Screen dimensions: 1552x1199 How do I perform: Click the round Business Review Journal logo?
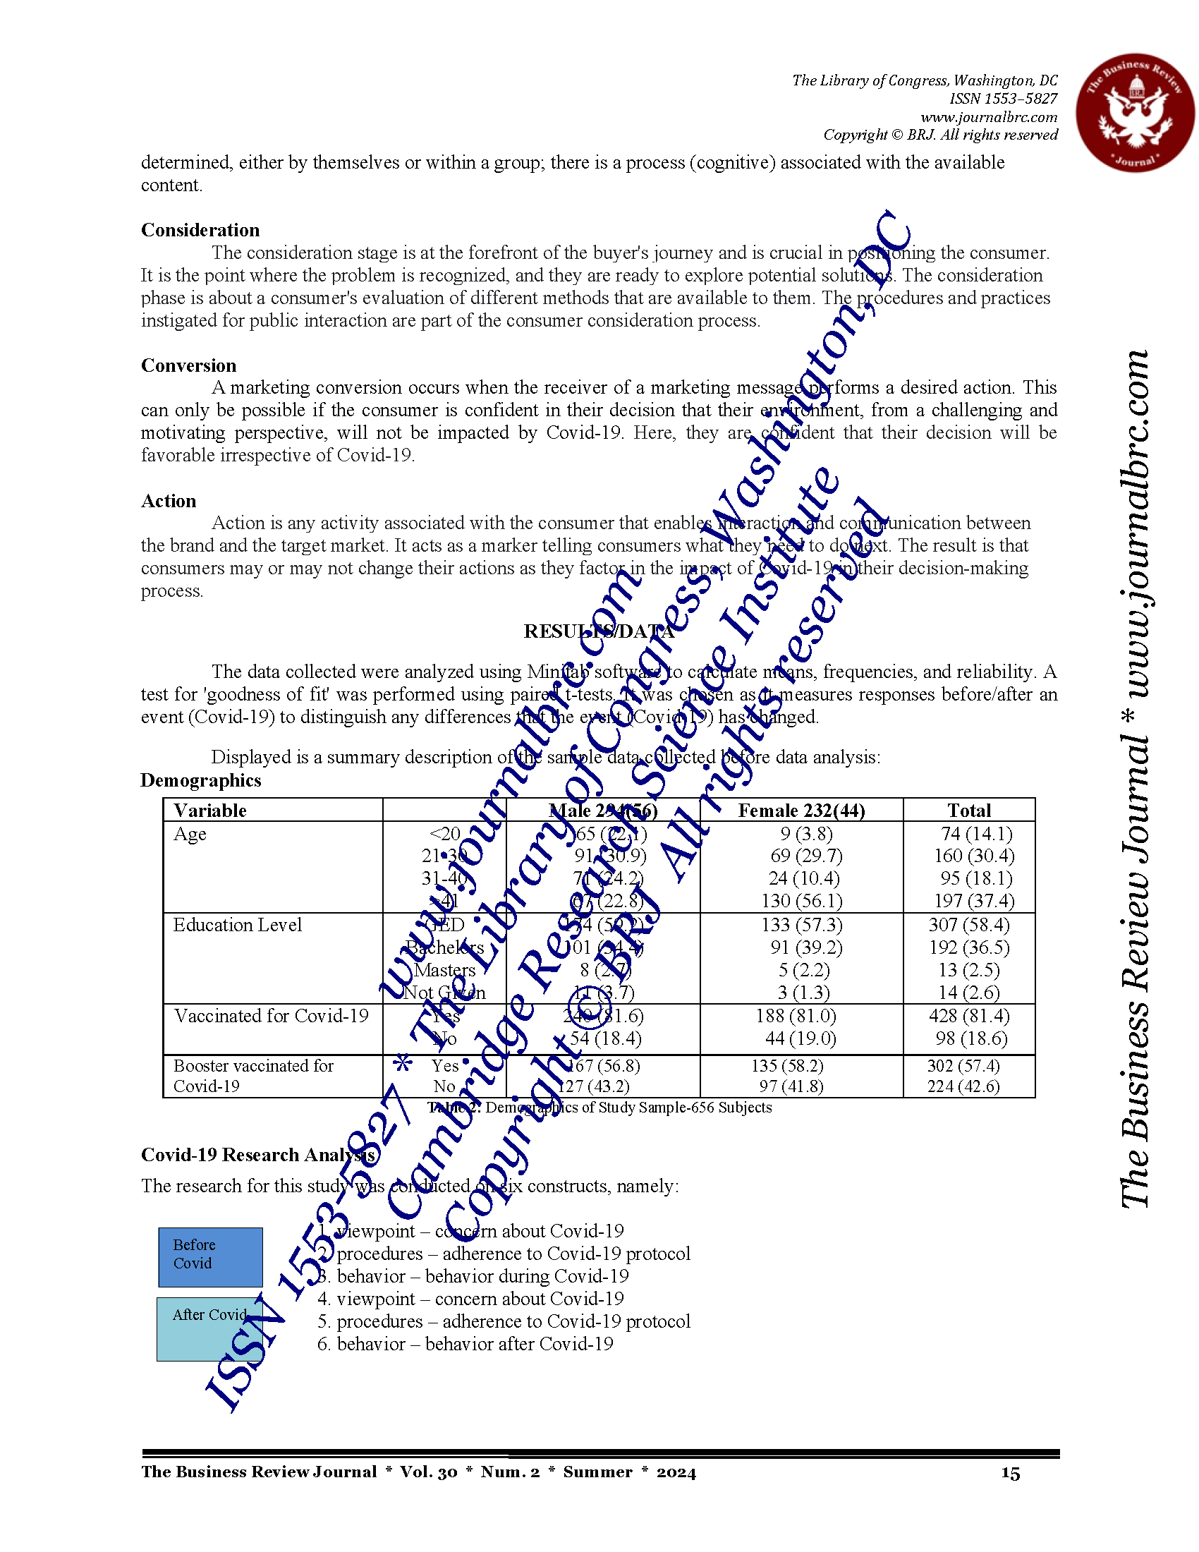click(1134, 112)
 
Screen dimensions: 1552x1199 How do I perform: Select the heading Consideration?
click(200, 230)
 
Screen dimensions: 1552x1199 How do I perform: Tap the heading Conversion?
click(188, 365)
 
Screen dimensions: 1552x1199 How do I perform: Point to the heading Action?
click(169, 501)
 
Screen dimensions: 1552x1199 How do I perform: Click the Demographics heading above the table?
click(201, 780)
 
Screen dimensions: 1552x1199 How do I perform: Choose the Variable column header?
click(210, 810)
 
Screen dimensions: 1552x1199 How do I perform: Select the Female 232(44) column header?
click(801, 810)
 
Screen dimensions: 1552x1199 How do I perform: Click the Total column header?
click(969, 810)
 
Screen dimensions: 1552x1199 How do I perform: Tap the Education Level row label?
click(237, 925)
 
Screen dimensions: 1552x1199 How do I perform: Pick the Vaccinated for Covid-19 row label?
click(272, 1016)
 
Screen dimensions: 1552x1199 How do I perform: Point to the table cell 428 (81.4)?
click(969, 1016)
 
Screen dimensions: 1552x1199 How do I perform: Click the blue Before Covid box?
click(210, 1257)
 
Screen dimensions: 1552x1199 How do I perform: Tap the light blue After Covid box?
click(209, 1330)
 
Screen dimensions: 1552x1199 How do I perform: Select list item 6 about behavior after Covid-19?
click(465, 1344)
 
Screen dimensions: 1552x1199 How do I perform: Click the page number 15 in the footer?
click(1010, 1473)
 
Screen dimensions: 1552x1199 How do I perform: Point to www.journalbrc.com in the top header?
click(989, 116)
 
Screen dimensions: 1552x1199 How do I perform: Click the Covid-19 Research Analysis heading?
click(259, 1155)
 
